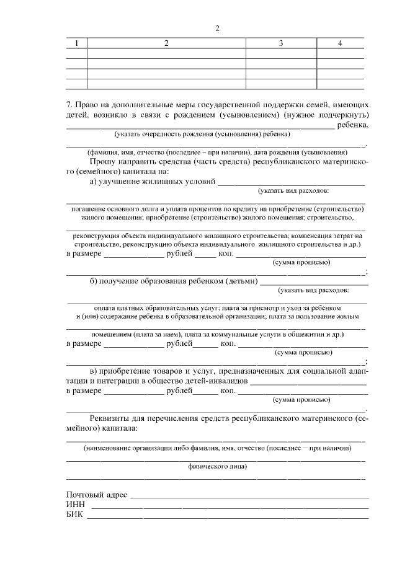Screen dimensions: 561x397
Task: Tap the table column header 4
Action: point(340,43)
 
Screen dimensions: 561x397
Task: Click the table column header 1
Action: point(76,43)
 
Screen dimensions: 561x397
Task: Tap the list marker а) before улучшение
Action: point(95,182)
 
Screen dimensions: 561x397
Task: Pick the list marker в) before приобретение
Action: point(95,371)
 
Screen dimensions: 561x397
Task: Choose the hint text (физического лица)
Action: point(217,466)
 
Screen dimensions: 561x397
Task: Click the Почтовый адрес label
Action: point(96,495)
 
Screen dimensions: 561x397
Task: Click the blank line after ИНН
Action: point(230,507)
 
